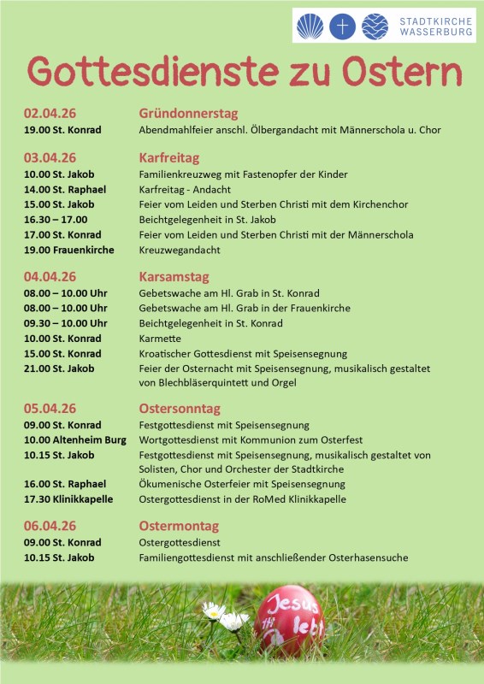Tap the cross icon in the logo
(343, 27)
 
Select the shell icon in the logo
(310, 27)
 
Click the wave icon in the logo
(375, 27)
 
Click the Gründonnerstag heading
(188, 114)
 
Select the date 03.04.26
(50, 158)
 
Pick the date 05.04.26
(50, 409)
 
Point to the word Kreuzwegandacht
(180, 251)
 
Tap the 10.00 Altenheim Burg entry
(75, 439)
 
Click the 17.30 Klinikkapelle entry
(68, 499)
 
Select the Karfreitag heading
(168, 158)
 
